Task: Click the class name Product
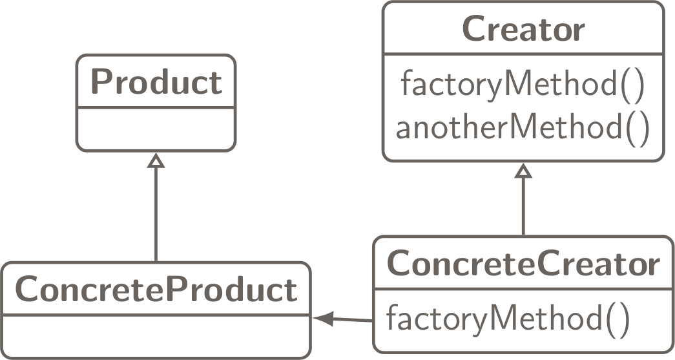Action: click(156, 82)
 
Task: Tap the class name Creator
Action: click(523, 29)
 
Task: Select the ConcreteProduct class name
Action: click(156, 290)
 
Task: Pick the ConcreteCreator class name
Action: click(523, 264)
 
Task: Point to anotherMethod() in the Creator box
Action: click(523, 127)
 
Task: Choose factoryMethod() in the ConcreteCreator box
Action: click(507, 318)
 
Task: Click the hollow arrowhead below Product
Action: click(156, 160)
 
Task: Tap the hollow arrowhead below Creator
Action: click(523, 171)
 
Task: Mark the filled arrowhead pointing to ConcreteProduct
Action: click(322, 318)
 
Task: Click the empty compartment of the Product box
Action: click(156, 129)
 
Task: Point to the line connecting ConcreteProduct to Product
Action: click(156, 213)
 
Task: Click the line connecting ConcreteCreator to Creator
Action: click(523, 207)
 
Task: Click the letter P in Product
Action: click(99, 82)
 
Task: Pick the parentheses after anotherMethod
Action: click(636, 128)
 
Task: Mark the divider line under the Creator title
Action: click(523, 54)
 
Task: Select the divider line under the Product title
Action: click(156, 108)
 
